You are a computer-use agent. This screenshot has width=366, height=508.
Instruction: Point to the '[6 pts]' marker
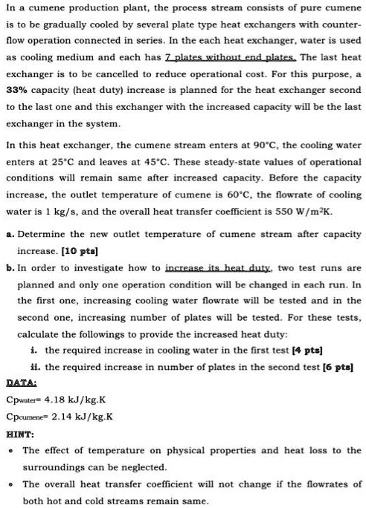(335, 366)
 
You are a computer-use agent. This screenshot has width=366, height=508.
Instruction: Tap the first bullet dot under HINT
(10, 451)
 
